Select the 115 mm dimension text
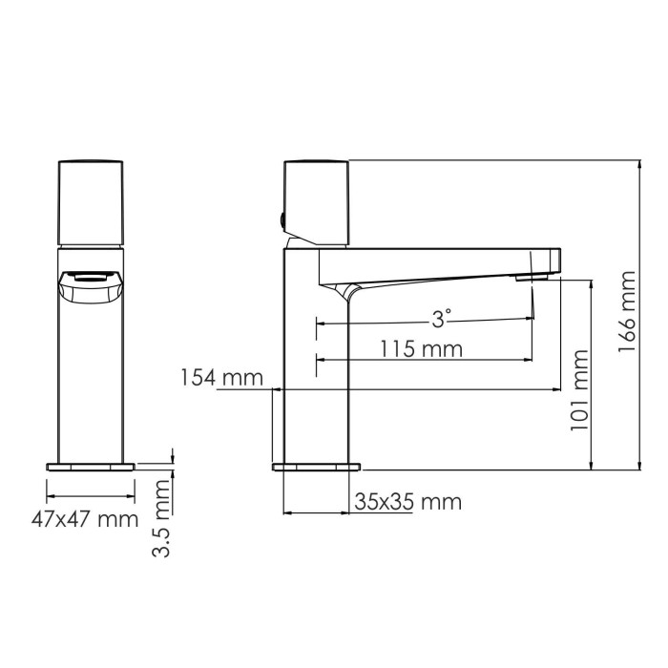tap(421, 348)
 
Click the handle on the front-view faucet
tap(92, 202)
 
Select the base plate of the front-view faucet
tap(92, 467)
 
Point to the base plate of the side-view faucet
tap(317, 467)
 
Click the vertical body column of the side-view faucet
tap(318, 372)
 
